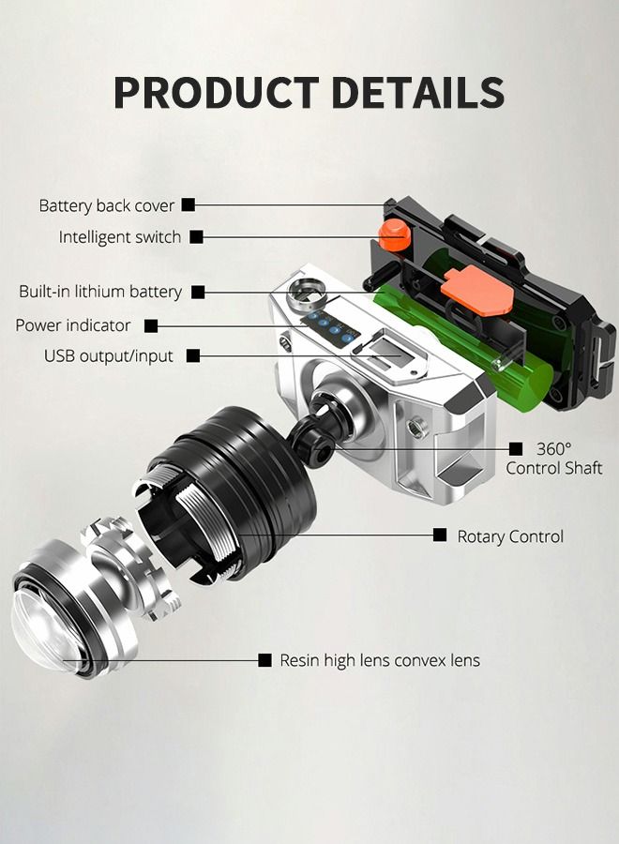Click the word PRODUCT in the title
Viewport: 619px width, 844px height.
[217, 93]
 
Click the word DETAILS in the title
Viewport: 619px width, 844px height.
[417, 93]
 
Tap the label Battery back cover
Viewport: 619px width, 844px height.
[107, 205]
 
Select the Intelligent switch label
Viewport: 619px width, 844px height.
[120, 237]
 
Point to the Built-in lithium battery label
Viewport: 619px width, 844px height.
[100, 292]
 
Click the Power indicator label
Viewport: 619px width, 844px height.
[72, 325]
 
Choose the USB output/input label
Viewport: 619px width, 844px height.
[109, 356]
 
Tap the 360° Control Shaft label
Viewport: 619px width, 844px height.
[554, 458]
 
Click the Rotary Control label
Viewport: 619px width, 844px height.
[510, 536]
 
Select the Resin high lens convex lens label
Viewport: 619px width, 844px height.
[380, 660]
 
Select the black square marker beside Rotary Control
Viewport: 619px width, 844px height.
[440, 535]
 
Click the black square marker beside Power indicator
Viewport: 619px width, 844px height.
[151, 325]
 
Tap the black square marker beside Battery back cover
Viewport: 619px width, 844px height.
[189, 205]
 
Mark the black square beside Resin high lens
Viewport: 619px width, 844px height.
[264, 660]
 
